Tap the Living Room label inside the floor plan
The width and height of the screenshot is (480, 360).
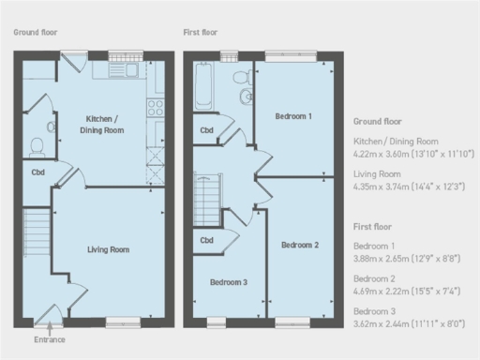point(108,249)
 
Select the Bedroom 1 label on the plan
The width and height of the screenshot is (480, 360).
point(292,116)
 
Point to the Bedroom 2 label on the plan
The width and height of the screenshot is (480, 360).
point(300,245)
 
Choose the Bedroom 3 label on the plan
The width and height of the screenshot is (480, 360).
point(228,282)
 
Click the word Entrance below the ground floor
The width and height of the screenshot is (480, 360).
point(49,339)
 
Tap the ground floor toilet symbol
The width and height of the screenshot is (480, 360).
point(37,146)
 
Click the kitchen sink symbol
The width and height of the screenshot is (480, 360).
point(124,71)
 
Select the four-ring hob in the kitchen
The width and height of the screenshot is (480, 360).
point(156,107)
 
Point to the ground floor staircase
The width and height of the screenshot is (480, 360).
point(35,229)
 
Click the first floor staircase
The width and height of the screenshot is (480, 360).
point(206,200)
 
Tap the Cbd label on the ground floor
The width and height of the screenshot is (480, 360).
point(37,172)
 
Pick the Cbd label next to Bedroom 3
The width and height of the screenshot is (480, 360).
point(206,241)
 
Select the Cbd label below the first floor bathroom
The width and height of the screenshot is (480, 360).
point(206,130)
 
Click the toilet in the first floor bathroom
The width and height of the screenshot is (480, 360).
point(239,76)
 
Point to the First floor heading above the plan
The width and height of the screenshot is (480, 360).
point(202,32)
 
